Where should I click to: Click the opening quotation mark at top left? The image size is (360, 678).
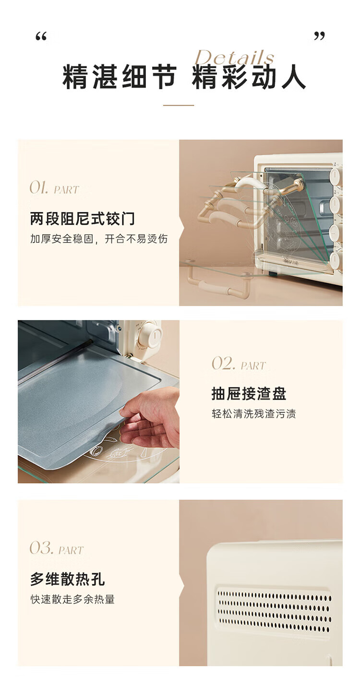pyautogui.click(x=41, y=37)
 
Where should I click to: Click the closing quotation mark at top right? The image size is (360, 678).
pyautogui.click(x=319, y=36)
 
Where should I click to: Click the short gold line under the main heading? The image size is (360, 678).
pyautogui.click(x=179, y=105)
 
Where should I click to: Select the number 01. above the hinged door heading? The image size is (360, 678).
pyautogui.click(x=39, y=187)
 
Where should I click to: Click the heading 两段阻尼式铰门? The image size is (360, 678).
pyautogui.click(x=82, y=218)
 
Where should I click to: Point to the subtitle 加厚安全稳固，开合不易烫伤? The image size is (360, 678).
pyautogui.click(x=99, y=239)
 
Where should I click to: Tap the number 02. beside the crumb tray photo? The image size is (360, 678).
pyautogui.click(x=223, y=363)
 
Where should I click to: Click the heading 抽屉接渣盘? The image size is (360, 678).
pyautogui.click(x=249, y=394)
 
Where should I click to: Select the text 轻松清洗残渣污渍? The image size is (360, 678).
pyautogui.click(x=253, y=413)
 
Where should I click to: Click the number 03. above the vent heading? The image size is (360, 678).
pyautogui.click(x=41, y=548)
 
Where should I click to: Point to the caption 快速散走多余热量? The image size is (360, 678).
pyautogui.click(x=72, y=599)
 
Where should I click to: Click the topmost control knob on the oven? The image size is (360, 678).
pyautogui.click(x=336, y=176)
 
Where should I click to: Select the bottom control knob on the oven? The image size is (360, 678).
pyautogui.click(x=336, y=261)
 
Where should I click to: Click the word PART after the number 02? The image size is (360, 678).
pyautogui.click(x=253, y=365)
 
